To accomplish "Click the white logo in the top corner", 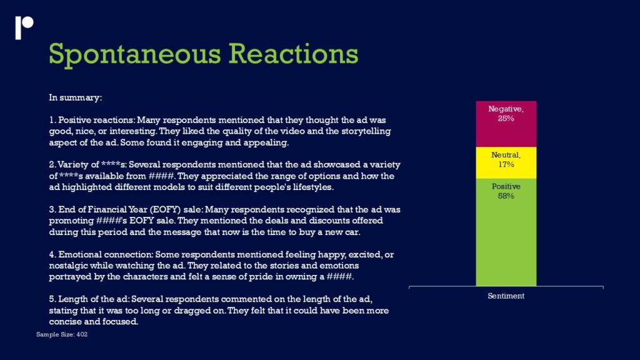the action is (24, 27).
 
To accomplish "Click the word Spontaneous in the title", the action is (135, 55).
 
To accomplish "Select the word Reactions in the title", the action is (293, 54).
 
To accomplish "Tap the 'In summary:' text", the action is (76, 97).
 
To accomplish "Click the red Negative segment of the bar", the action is (506, 124).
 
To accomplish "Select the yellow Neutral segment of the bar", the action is (506, 162).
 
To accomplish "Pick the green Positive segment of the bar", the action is (506, 232).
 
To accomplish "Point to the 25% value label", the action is (506, 118).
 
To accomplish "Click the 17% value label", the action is (506, 164).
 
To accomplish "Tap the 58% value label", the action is (506, 196).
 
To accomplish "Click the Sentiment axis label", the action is (506, 296).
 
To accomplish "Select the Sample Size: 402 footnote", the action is (62, 334).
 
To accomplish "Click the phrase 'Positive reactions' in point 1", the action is (96, 120).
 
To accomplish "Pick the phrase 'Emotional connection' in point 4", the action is (105, 254).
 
